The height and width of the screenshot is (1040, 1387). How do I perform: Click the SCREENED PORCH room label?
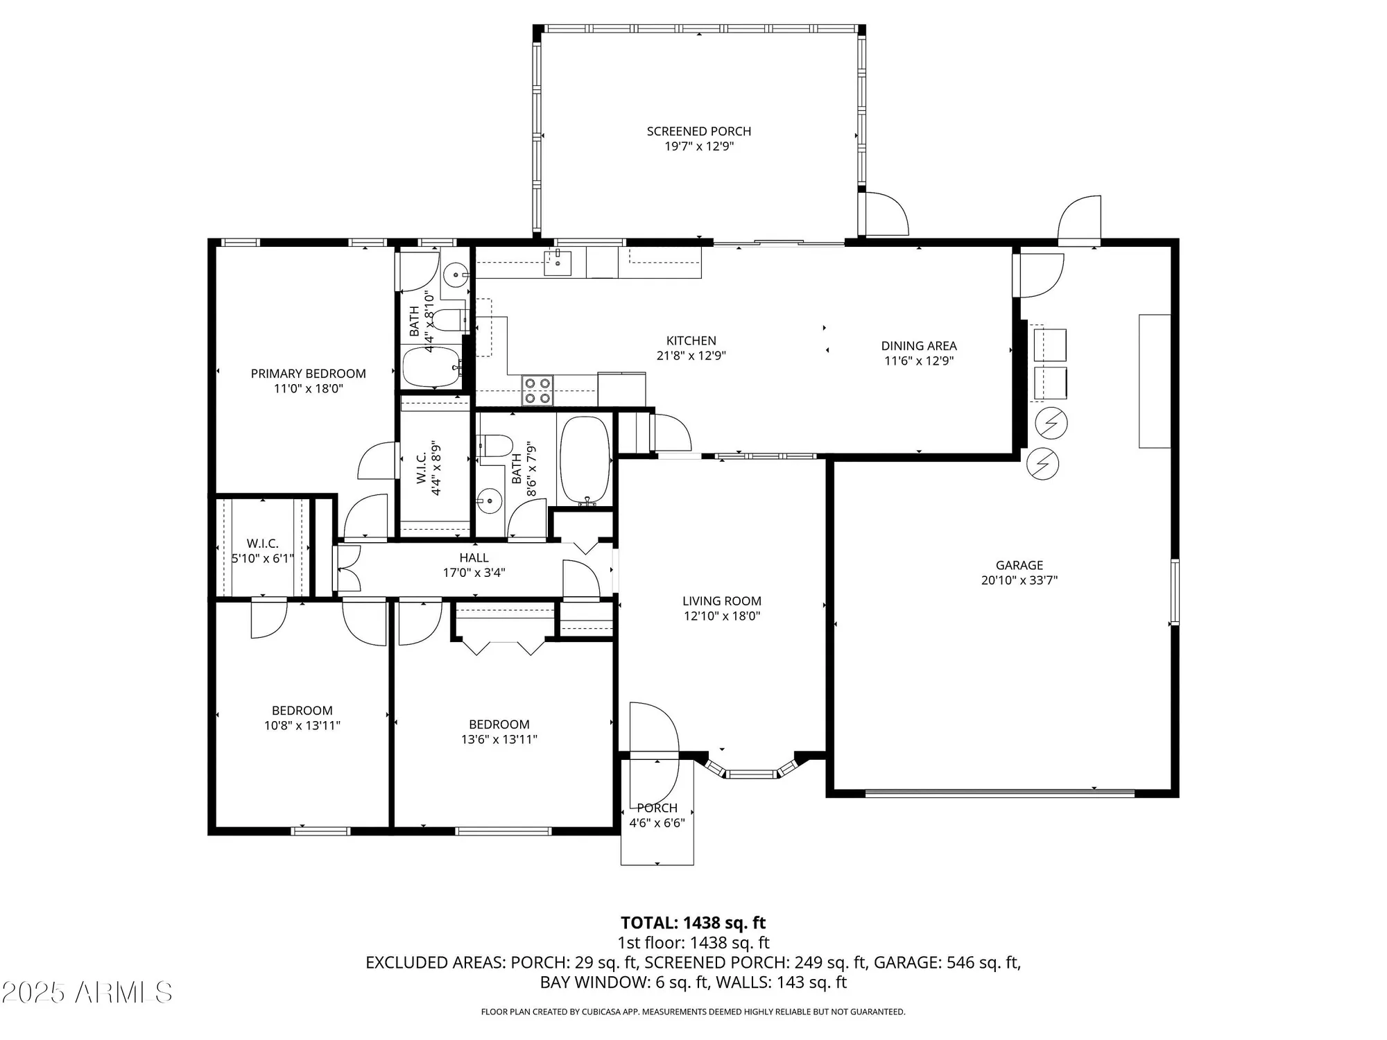tap(698, 131)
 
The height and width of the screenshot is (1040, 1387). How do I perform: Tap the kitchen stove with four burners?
tap(537, 390)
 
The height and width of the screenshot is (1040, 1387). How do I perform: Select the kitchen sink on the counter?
tap(557, 262)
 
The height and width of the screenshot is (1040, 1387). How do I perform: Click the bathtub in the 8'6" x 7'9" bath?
tap(585, 460)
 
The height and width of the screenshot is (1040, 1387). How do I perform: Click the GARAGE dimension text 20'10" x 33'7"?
tap(1019, 580)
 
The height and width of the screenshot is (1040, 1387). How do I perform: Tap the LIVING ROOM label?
tap(721, 601)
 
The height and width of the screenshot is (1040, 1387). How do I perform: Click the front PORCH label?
tap(657, 808)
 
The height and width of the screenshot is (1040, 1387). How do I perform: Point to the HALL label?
tap(474, 557)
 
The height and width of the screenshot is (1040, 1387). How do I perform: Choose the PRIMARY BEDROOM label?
tap(308, 374)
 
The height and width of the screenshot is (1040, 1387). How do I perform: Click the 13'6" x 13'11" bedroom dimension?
tap(499, 739)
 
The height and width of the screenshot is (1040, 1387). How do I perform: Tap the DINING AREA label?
tap(918, 345)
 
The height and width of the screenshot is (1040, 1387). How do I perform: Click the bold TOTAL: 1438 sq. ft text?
tap(693, 923)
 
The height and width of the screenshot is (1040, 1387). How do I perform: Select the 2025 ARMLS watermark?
tap(87, 992)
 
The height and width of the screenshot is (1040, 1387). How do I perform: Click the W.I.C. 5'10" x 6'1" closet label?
tap(262, 551)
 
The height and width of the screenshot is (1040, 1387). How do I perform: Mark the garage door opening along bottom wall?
tap(999, 792)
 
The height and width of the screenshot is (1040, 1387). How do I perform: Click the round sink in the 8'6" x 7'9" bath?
tap(490, 499)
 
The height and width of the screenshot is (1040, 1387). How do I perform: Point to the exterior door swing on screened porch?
tap(884, 214)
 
